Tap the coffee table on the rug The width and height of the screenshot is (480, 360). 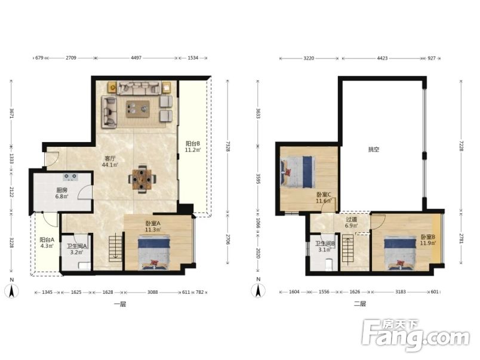tap(138, 109)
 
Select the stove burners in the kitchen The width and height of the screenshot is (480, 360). tap(70, 177)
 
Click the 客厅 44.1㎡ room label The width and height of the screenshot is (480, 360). tap(110, 162)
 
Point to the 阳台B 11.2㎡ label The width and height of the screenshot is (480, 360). tap(193, 146)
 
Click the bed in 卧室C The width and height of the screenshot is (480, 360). tap(297, 172)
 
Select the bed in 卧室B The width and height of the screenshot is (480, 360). tap(400, 253)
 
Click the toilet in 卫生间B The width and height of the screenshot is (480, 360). tap(329, 265)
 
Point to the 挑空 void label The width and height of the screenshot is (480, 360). tap(374, 149)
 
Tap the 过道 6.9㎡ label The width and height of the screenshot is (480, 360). tap(352, 223)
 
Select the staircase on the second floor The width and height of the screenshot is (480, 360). tap(347, 249)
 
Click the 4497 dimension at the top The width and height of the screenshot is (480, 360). tap(136, 57)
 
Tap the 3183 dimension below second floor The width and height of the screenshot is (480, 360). tap(401, 292)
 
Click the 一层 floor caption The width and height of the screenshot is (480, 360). tap(119, 304)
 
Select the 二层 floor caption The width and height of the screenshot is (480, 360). tap(360, 304)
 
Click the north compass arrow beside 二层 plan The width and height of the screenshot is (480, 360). tap(258, 291)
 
